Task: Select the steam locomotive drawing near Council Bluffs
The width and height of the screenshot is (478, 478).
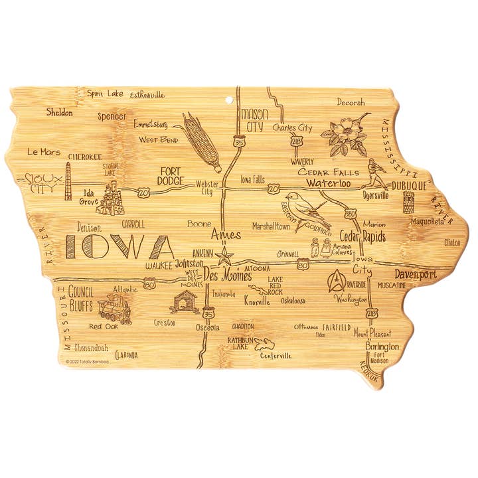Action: click(x=114, y=309)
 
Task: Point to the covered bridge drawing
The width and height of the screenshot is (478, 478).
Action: click(x=184, y=302)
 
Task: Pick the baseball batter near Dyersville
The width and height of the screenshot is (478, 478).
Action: click(x=375, y=174)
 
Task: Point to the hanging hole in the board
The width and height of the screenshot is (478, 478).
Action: click(x=230, y=101)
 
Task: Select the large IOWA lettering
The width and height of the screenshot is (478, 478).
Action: click(x=119, y=247)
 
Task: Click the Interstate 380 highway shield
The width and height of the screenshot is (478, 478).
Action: click(x=351, y=214)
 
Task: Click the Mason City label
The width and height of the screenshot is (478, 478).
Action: click(x=254, y=120)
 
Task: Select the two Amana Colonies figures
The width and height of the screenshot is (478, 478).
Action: click(x=320, y=248)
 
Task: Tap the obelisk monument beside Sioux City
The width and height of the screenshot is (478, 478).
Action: click(x=68, y=181)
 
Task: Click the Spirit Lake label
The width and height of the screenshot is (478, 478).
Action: click(x=105, y=94)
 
